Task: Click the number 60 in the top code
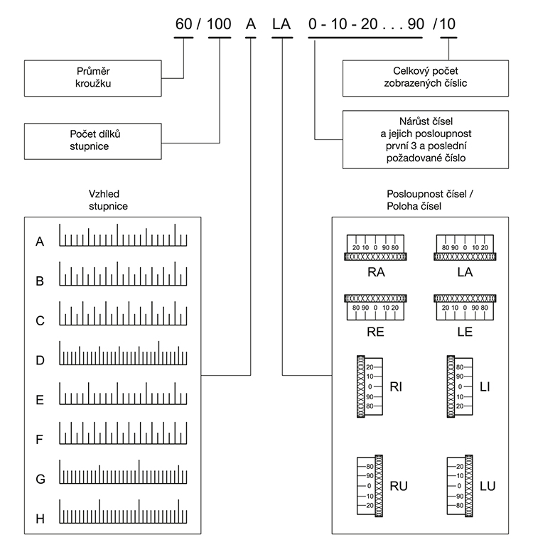[x=184, y=24]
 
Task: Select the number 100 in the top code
[x=220, y=24]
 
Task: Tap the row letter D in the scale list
[x=41, y=361]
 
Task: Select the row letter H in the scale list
[x=41, y=519]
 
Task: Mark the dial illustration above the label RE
[x=375, y=305]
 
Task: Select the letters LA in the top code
[x=282, y=24]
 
